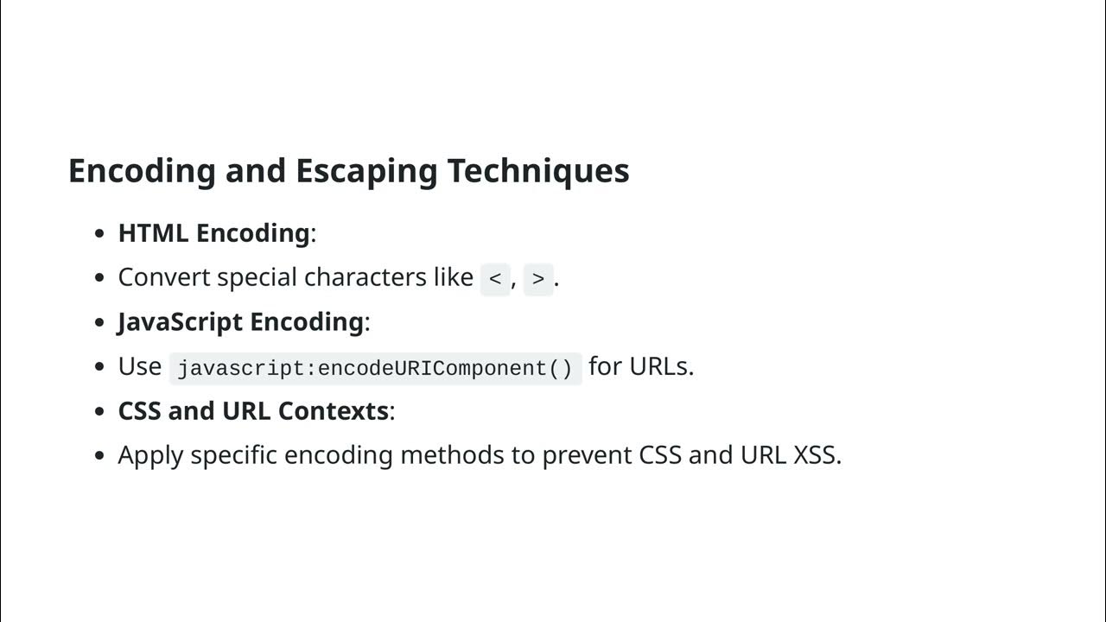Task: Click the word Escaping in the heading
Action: point(367,171)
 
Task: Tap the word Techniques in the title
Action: point(537,171)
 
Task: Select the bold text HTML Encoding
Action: point(213,233)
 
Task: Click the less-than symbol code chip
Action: point(495,279)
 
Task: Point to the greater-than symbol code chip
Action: point(538,279)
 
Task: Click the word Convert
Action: point(164,277)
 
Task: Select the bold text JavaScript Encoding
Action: point(240,322)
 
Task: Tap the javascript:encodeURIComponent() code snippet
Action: point(375,368)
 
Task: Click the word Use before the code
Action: point(139,366)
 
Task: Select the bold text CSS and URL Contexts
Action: point(253,411)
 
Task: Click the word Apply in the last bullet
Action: point(150,455)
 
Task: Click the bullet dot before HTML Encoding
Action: point(100,233)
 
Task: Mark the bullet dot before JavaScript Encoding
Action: point(100,322)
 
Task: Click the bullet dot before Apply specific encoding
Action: point(100,455)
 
